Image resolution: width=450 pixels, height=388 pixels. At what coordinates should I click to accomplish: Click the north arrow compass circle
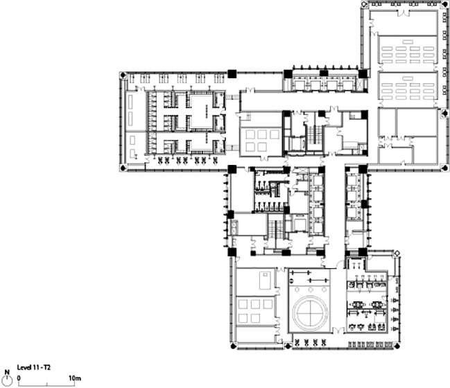point(8,380)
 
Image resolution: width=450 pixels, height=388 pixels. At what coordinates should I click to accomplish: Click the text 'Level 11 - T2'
point(34,367)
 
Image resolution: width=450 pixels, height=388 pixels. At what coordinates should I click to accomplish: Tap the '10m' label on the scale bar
point(75,378)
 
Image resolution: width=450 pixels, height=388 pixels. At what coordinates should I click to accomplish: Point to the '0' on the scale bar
point(19,378)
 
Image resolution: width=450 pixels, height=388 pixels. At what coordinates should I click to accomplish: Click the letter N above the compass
point(8,372)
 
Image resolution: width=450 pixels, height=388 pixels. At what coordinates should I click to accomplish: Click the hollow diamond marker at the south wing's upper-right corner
point(397,253)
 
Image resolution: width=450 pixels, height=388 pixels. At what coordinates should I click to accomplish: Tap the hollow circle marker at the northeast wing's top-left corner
point(364,4)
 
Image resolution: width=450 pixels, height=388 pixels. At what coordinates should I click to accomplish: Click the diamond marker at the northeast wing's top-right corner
point(446,4)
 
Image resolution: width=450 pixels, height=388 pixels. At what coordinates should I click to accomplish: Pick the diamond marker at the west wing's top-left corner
point(123,76)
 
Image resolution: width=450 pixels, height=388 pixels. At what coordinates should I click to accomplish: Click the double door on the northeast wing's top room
point(404,12)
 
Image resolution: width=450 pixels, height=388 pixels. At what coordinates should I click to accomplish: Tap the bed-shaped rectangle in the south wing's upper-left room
point(265,281)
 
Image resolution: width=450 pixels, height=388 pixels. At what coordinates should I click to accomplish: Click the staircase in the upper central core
point(314,133)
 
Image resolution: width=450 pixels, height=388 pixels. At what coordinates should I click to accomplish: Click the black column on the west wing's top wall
point(232,73)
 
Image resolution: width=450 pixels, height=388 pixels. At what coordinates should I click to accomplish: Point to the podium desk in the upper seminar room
point(408,42)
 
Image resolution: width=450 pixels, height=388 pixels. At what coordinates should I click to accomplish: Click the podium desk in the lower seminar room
point(408,78)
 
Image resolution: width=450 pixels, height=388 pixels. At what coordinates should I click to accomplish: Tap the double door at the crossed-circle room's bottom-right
point(338,330)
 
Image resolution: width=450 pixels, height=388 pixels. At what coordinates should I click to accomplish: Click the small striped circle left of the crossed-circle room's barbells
point(293,280)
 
